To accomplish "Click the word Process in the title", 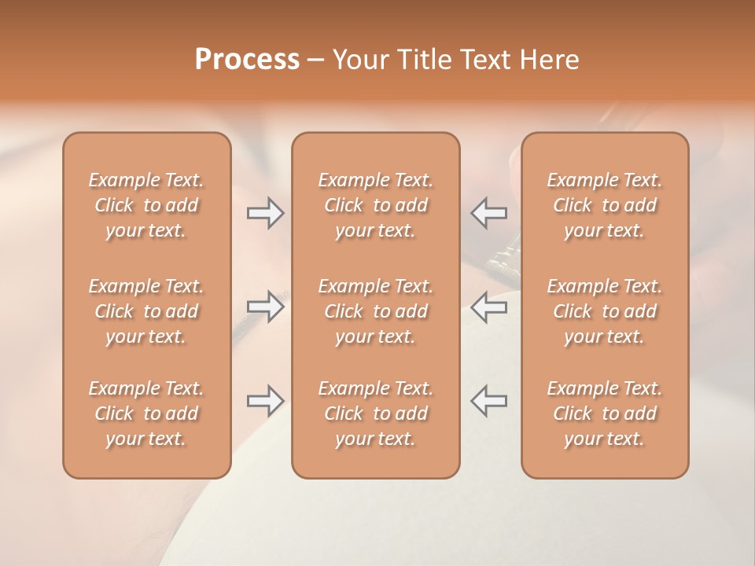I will pyautogui.click(x=247, y=60).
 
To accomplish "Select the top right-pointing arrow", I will pyautogui.click(x=265, y=213).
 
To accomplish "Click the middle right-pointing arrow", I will pyautogui.click(x=265, y=307).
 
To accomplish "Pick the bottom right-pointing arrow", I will pyautogui.click(x=265, y=401).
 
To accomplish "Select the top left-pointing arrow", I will pyautogui.click(x=489, y=213).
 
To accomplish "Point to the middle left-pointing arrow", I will pyautogui.click(x=489, y=307).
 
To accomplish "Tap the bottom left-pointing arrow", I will pyautogui.click(x=489, y=401).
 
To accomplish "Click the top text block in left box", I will pyautogui.click(x=146, y=205).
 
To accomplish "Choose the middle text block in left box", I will pyautogui.click(x=146, y=311).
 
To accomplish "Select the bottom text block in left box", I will pyautogui.click(x=146, y=413).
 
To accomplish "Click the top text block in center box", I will pyautogui.click(x=376, y=205).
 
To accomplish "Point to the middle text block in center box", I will pyautogui.click(x=376, y=311).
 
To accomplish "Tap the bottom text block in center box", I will pyautogui.click(x=376, y=413).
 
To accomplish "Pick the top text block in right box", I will pyautogui.click(x=605, y=205).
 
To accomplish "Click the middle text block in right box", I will pyautogui.click(x=605, y=311).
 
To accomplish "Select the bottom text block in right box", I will pyautogui.click(x=605, y=413).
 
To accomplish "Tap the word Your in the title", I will pyautogui.click(x=359, y=60).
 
